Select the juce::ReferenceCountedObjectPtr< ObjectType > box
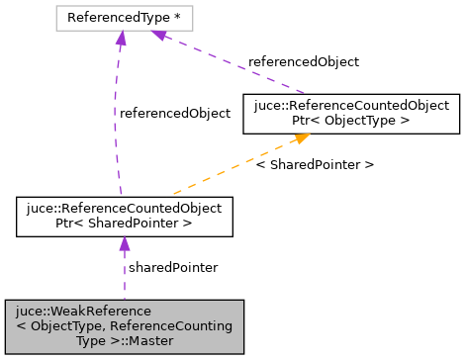click(x=351, y=113)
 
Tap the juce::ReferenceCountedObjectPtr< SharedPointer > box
click(x=124, y=217)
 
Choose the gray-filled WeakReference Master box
click(x=124, y=326)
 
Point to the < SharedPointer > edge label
click(x=315, y=164)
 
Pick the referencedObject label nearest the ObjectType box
click(x=304, y=61)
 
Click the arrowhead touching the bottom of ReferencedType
click(x=121, y=38)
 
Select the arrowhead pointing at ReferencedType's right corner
click(x=158, y=35)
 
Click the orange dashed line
click(x=237, y=166)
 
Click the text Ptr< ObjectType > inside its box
click(x=351, y=121)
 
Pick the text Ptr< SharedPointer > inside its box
click(x=124, y=225)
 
